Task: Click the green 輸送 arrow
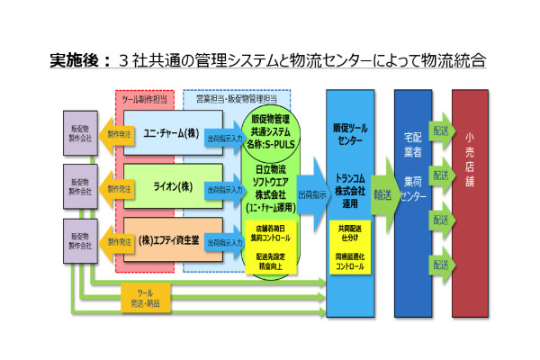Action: pyautogui.click(x=382, y=193)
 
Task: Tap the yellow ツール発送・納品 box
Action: pyautogui.click(x=145, y=298)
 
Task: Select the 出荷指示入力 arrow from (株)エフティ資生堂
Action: pyautogui.click(x=223, y=242)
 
